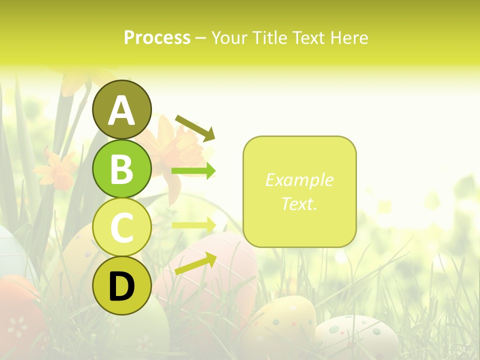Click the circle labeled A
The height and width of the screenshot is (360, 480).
click(x=121, y=109)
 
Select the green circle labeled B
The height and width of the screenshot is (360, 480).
click(x=121, y=168)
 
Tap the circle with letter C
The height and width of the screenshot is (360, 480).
click(x=121, y=227)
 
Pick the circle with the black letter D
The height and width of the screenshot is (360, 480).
click(x=121, y=286)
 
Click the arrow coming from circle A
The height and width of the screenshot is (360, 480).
click(x=195, y=127)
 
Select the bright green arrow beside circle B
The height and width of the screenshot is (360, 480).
click(x=193, y=171)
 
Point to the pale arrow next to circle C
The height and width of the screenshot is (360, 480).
click(x=193, y=225)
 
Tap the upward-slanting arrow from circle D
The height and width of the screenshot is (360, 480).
click(x=195, y=263)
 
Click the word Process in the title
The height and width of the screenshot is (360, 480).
click(x=157, y=37)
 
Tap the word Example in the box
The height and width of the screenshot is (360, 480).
click(x=299, y=180)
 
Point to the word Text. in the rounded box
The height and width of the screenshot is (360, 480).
click(x=299, y=203)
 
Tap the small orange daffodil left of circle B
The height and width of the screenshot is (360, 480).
click(x=56, y=170)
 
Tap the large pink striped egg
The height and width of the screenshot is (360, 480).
click(x=210, y=280)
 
